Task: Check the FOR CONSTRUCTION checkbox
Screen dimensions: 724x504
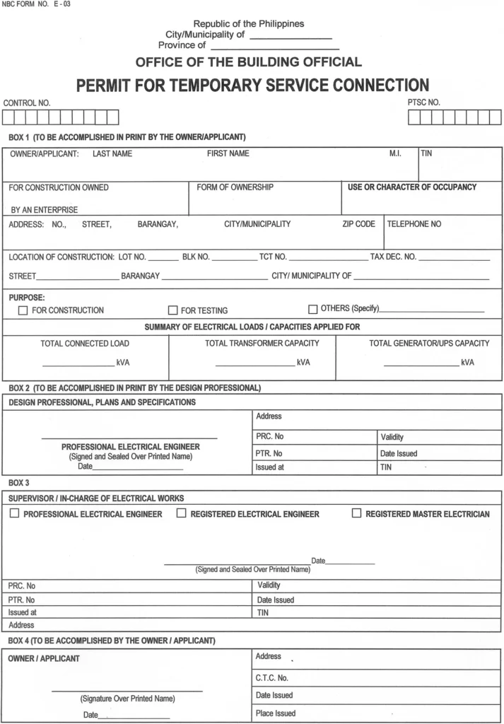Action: coord(23,310)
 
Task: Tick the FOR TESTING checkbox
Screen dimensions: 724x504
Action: coord(172,310)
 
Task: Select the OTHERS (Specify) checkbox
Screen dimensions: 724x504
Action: coord(313,309)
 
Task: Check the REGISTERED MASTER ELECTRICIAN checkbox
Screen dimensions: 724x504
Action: coord(356,513)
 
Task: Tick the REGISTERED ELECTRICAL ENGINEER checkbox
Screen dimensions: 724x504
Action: coord(181,513)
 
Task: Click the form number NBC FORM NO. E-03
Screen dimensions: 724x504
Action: coord(37,5)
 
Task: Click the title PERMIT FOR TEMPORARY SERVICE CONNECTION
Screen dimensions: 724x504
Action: coord(252,86)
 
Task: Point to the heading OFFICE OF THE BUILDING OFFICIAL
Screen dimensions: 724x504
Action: coord(248,62)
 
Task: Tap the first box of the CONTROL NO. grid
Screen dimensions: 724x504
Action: coord(10,117)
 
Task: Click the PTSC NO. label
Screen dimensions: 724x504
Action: coord(423,103)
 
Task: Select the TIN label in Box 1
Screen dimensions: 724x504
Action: coord(426,153)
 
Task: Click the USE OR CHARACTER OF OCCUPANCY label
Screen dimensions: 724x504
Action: coord(412,187)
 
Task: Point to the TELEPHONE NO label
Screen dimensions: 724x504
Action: coord(414,224)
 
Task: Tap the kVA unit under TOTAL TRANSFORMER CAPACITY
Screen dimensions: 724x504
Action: coord(303,363)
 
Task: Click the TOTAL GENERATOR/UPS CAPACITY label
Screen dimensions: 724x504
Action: coord(429,344)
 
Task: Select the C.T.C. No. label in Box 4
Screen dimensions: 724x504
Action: coord(272,678)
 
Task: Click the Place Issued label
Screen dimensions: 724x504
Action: coord(276,713)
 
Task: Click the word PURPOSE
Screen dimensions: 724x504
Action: coord(27,298)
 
